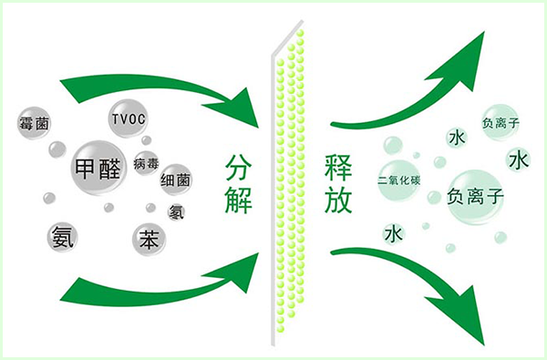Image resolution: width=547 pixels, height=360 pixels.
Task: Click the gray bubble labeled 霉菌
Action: pyautogui.click(x=34, y=122)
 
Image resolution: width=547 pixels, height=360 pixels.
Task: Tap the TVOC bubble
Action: pyautogui.click(x=127, y=118)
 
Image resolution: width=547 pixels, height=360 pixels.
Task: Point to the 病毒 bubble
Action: pyautogui.click(x=146, y=165)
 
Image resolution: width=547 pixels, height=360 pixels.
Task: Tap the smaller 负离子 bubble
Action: pyautogui.click(x=500, y=122)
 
